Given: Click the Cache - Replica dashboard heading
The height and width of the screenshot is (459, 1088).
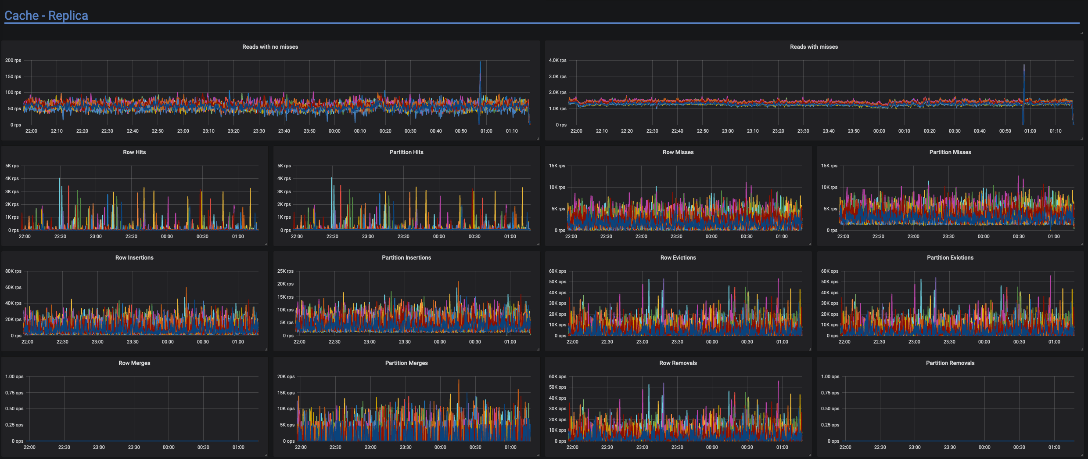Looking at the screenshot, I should click(46, 16).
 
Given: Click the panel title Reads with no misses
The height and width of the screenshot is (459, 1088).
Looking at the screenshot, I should click(270, 47).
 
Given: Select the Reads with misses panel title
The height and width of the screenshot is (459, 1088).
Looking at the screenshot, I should click(814, 47).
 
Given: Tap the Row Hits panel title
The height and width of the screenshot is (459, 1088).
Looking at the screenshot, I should click(134, 152).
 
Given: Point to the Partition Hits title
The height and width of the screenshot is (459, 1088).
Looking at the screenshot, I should click(406, 152).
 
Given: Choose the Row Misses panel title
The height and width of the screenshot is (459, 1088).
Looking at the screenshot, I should click(678, 152).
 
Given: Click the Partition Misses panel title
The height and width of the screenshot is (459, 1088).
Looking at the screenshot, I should click(950, 152).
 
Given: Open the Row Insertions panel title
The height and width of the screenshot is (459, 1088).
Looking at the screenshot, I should click(134, 258).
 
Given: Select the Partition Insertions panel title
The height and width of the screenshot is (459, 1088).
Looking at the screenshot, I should click(406, 258).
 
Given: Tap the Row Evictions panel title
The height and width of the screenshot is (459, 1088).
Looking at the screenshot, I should click(678, 258).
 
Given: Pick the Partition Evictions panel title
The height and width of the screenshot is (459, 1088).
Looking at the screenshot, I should click(950, 258).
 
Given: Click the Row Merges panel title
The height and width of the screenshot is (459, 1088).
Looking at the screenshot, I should click(134, 363).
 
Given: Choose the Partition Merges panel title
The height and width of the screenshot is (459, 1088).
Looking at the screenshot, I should click(406, 363).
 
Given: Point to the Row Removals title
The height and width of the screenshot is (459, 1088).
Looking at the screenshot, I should click(678, 363).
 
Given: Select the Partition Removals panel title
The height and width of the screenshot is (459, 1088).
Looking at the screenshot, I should click(950, 363).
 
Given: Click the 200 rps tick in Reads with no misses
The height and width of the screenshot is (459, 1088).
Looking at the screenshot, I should click(13, 61).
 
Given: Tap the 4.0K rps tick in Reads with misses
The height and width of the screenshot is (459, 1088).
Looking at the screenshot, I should click(557, 61).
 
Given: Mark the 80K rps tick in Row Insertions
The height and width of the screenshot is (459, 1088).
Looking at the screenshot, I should click(13, 271).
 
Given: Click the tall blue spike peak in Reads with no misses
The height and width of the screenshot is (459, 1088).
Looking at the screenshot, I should click(480, 62).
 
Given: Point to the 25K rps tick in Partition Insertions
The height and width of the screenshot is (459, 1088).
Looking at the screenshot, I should click(285, 271).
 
